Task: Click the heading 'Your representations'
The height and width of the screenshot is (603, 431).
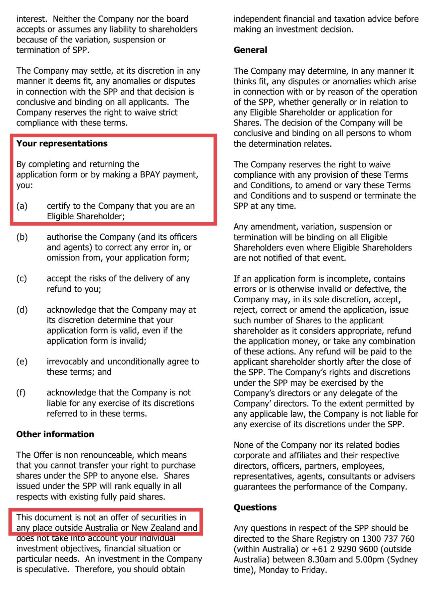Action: click(62, 144)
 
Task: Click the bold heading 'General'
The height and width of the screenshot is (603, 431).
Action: click(250, 50)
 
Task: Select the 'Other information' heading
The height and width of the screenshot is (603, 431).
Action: click(55, 434)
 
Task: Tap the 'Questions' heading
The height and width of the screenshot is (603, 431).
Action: click(255, 508)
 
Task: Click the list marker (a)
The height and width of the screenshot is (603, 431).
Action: click(22, 206)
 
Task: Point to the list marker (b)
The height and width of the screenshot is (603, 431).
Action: click(22, 237)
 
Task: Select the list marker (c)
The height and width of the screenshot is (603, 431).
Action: click(22, 279)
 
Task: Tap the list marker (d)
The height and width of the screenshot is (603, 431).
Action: click(22, 310)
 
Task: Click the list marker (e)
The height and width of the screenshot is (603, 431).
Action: click(22, 362)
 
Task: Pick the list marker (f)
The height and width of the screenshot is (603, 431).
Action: click(21, 393)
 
